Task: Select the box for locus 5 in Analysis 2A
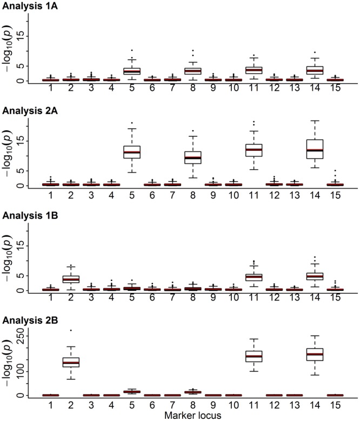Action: tap(132, 152)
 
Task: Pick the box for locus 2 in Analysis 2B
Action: tap(71, 362)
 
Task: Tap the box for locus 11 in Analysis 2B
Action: tap(254, 356)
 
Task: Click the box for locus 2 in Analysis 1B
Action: tap(71, 279)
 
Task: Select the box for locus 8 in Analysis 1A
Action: tap(193, 71)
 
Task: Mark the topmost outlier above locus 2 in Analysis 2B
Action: tap(71, 330)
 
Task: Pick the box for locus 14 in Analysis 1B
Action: tap(315, 276)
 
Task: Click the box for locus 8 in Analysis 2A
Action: tap(193, 157)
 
